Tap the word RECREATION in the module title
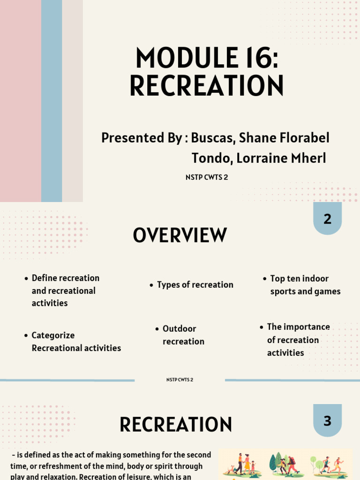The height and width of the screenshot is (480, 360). coord(207,86)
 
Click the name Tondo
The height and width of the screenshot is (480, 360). coord(211,158)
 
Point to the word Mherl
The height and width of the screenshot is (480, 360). coord(308,158)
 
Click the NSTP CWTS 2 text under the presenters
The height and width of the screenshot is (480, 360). coord(207,178)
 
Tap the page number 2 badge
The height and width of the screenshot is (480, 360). coord(327,218)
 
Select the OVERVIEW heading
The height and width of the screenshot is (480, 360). coord(180,236)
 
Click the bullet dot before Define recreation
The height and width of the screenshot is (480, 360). coord(26,279)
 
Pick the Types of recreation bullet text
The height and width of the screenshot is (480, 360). coord(195,285)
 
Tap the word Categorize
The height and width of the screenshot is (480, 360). coord(53,336)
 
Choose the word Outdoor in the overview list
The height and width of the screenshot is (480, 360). coord(179,329)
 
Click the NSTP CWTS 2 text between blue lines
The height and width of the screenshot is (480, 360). coord(180,380)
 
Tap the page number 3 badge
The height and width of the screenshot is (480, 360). coord(327,420)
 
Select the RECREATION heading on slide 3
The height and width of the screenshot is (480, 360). coord(176,425)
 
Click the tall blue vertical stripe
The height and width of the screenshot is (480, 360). coord(52,101)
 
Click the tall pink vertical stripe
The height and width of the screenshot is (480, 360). coord(20,101)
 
